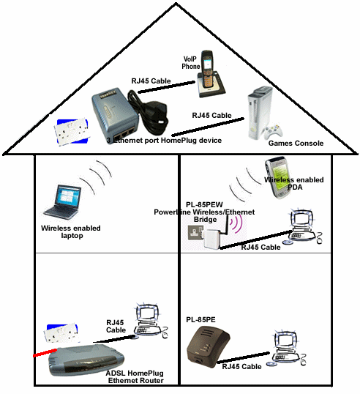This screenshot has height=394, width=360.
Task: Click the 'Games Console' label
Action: point(296,144)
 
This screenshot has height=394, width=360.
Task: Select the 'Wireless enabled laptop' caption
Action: point(71,232)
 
